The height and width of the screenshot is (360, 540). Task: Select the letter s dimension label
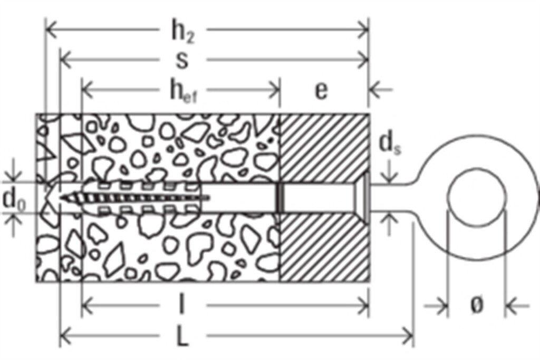point(182,60)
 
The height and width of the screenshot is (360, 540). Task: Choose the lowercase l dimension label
point(182,304)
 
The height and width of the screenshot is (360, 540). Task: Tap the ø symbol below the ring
point(476,305)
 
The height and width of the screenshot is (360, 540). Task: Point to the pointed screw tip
point(63,198)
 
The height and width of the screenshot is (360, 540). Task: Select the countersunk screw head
point(361,198)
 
